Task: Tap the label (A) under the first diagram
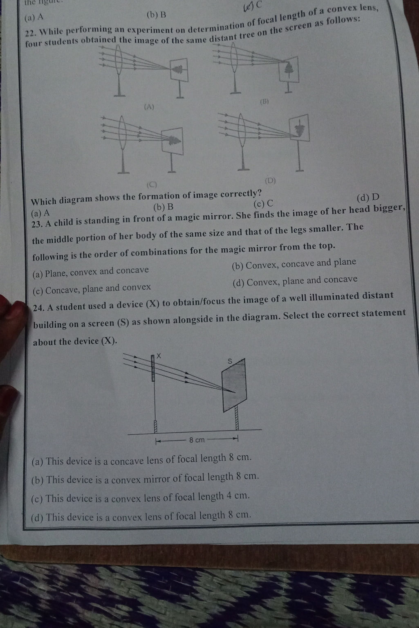pos(149,107)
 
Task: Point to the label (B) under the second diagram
pos(264,102)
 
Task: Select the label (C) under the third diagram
pos(152,185)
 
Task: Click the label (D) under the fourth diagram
pos(270,181)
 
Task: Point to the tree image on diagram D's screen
pos(299,129)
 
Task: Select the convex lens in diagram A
pos(119,59)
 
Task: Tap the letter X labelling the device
pos(159,356)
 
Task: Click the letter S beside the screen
pos(230,361)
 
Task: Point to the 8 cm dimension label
pos(197,440)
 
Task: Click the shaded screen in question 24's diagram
pos(234,385)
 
